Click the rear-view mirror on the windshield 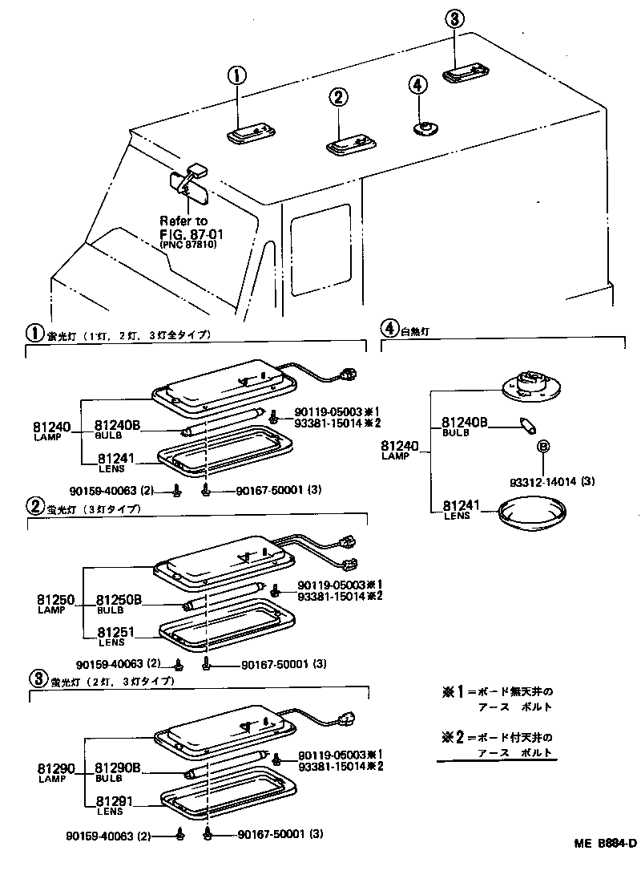183,184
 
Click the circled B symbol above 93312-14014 542,447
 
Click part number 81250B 119,599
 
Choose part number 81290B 118,768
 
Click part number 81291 114,800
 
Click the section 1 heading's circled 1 34,332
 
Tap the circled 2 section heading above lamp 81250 34,505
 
